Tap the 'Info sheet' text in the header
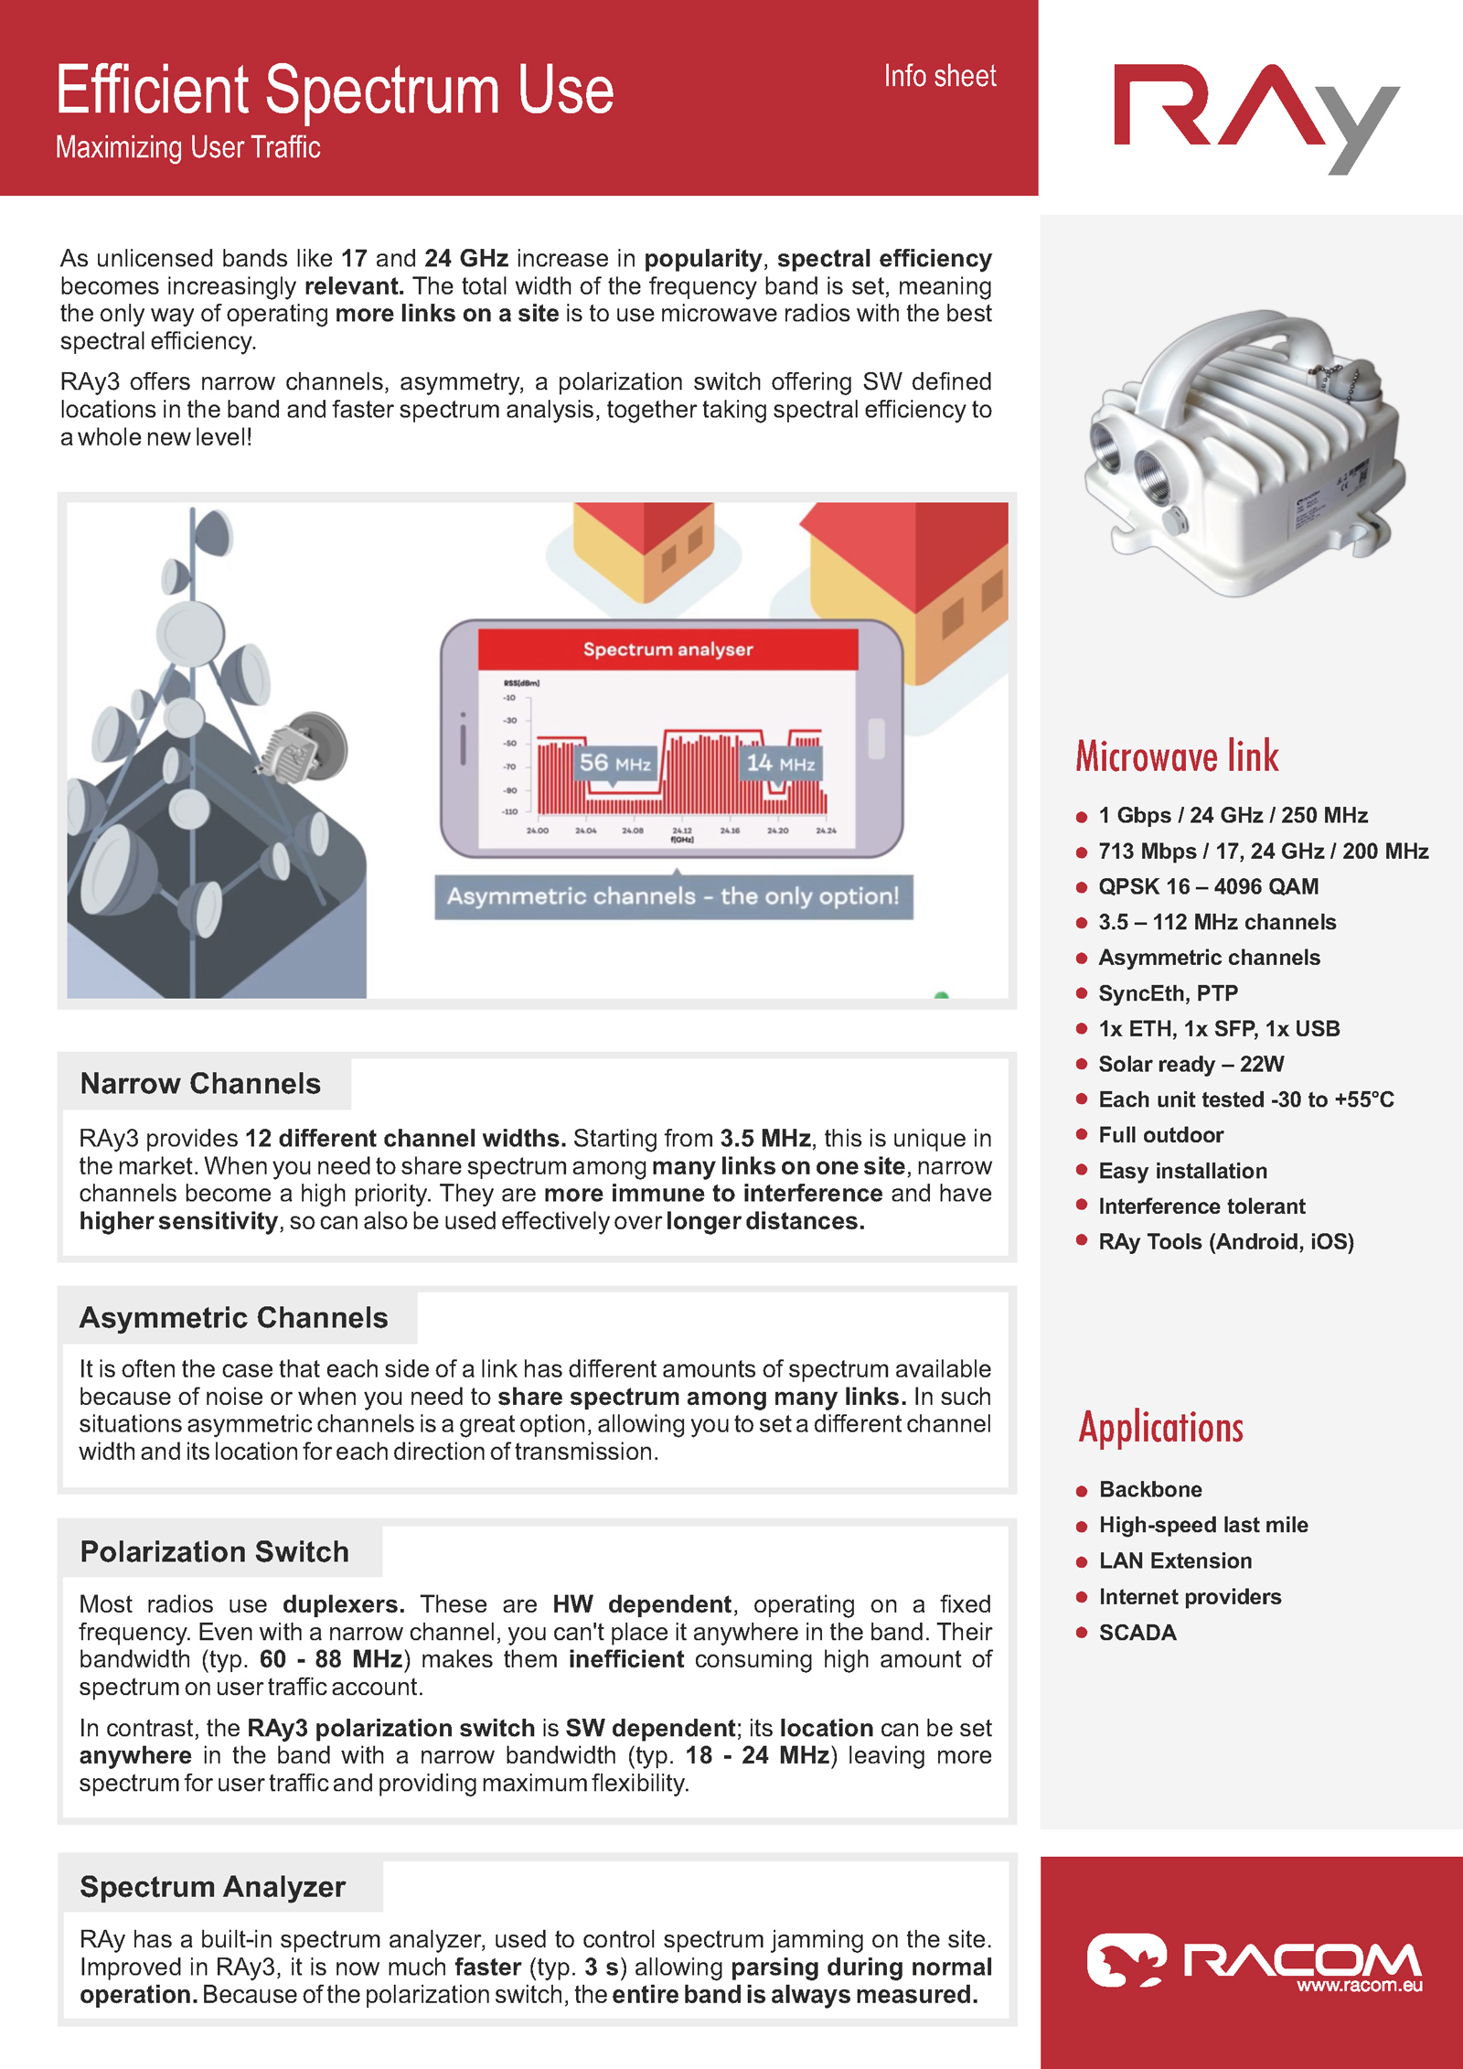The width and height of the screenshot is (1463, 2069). [x=939, y=76]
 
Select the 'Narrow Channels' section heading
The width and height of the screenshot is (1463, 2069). [x=200, y=1083]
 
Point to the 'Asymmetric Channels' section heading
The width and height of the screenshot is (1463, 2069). [x=233, y=1317]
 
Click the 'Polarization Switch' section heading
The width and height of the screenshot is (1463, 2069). [x=214, y=1551]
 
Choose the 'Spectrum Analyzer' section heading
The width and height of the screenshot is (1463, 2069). [x=212, y=1886]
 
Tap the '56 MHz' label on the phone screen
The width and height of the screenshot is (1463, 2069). [x=614, y=762]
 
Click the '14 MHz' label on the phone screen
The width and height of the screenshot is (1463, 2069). [x=780, y=762]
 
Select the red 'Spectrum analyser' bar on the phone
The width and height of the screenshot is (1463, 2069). [x=667, y=649]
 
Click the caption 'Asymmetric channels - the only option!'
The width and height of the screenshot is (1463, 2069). [x=673, y=895]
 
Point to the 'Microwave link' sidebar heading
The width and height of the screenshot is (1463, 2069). [x=1177, y=756]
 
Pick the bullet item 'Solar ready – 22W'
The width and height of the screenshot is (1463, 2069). [x=1191, y=1064]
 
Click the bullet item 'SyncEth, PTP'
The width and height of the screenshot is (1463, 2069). [x=1168, y=992]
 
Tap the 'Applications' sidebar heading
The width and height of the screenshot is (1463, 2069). [x=1161, y=1427]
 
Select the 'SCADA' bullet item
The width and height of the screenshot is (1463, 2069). [x=1137, y=1633]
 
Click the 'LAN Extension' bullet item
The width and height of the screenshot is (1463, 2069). [x=1175, y=1560]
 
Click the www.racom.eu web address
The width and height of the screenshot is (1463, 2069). [x=1360, y=1985]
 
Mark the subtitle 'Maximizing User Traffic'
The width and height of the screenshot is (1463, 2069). [x=187, y=147]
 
